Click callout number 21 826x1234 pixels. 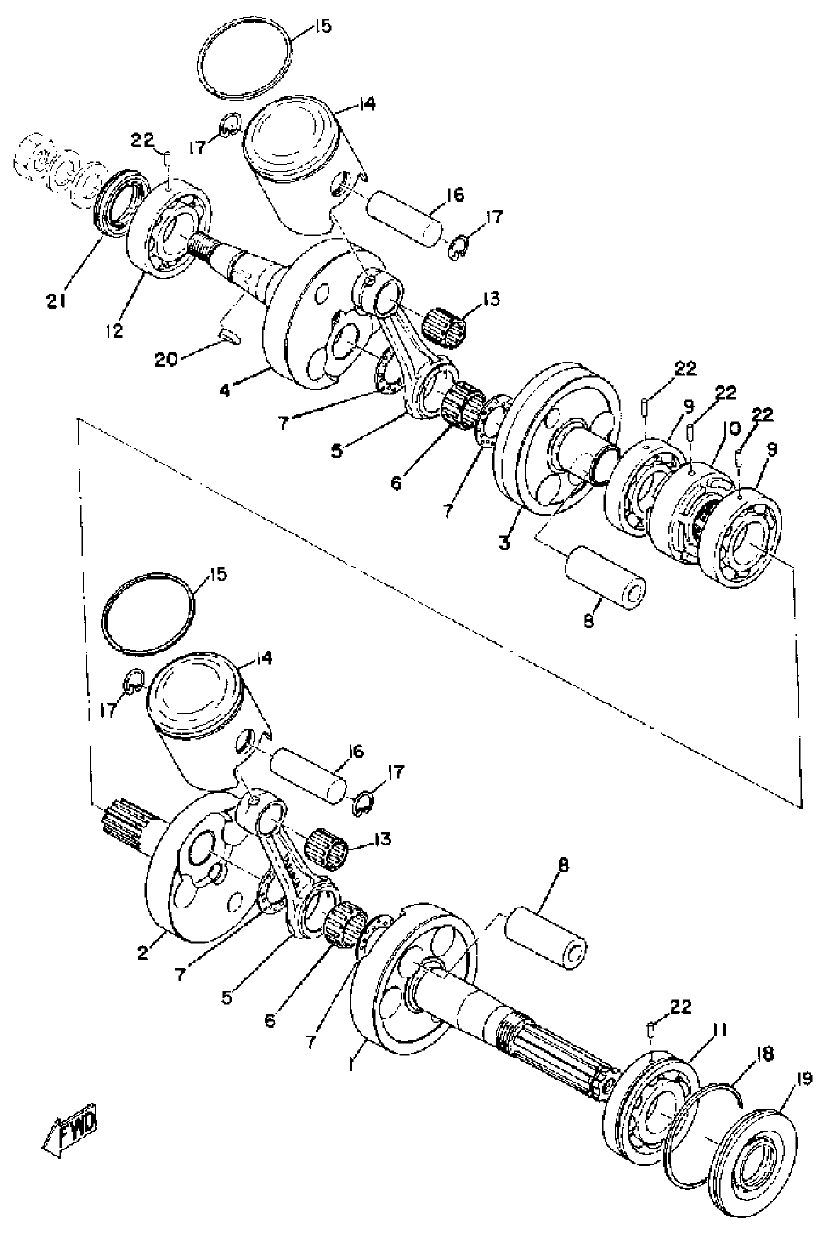(x=55, y=301)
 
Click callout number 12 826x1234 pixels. (x=114, y=330)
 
